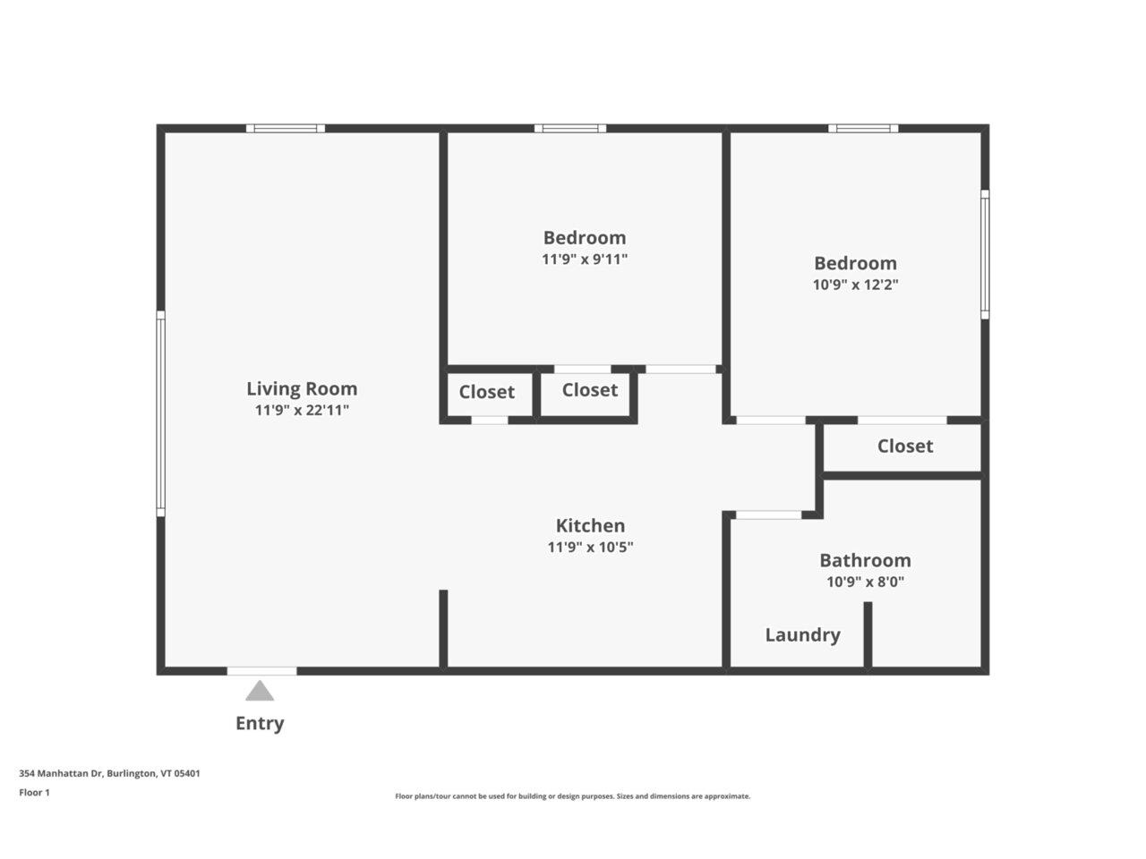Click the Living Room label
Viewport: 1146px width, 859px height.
click(x=302, y=388)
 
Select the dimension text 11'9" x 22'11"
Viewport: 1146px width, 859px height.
click(x=302, y=411)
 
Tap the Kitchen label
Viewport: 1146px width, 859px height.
click(x=590, y=525)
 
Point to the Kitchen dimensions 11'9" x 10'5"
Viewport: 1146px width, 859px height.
click(x=590, y=547)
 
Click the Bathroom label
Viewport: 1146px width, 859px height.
click(x=865, y=560)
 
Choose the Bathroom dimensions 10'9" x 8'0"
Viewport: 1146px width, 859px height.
click(x=865, y=582)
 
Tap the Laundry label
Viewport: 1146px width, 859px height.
click(x=802, y=634)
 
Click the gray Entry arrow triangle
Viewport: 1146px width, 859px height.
click(x=260, y=691)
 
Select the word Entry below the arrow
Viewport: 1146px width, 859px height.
click(x=260, y=723)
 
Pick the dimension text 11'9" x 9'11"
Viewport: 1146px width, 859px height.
click(x=585, y=259)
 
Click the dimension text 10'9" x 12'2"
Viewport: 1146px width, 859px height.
click(x=855, y=285)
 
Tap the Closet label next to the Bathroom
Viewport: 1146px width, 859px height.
click(x=904, y=446)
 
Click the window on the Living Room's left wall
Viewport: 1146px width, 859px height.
click(x=161, y=413)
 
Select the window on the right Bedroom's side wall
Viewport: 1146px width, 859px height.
click(x=984, y=254)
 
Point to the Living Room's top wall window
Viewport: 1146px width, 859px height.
click(x=286, y=129)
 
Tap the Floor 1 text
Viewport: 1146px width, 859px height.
click(x=35, y=792)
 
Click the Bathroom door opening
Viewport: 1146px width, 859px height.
click(x=768, y=515)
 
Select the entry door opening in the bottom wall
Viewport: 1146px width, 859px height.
click(x=261, y=670)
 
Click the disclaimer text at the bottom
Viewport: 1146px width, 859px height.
click(x=573, y=795)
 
